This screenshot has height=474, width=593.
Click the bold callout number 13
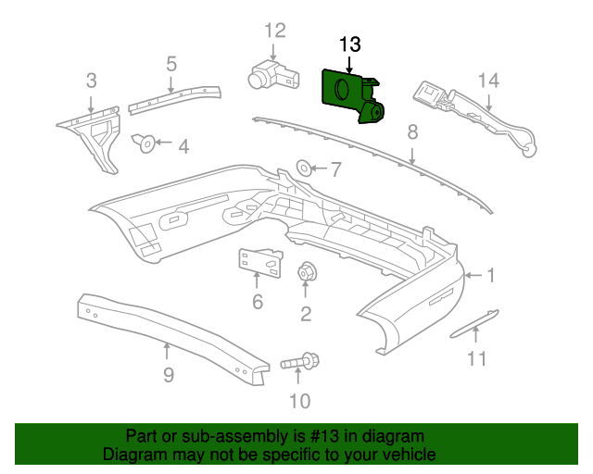pyautogui.click(x=350, y=44)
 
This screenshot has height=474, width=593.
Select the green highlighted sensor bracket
pyautogui.click(x=353, y=96)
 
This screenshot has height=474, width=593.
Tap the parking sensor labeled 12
pyautogui.click(x=273, y=75)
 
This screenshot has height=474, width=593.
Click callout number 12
pyautogui.click(x=275, y=31)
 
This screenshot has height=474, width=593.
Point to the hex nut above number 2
pyautogui.click(x=307, y=272)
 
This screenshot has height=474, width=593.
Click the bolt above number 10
pyautogui.click(x=300, y=361)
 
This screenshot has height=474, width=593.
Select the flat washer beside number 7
pyautogui.click(x=304, y=168)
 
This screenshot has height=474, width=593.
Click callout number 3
pyautogui.click(x=92, y=81)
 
